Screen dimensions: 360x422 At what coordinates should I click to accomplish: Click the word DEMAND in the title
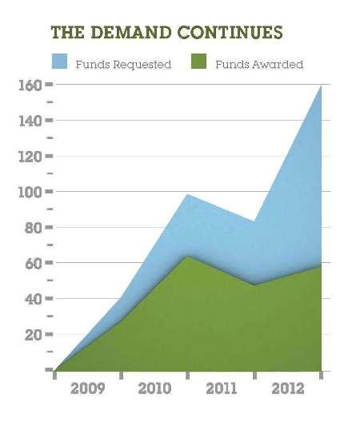pyautogui.click(x=131, y=32)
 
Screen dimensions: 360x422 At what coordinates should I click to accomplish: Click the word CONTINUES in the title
pyautogui.click(x=230, y=32)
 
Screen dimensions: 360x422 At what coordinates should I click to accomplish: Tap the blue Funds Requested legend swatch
pyautogui.click(x=59, y=61)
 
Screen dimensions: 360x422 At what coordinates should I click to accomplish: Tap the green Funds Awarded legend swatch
pyautogui.click(x=199, y=61)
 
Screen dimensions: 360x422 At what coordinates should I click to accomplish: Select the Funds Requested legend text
pyautogui.click(x=123, y=65)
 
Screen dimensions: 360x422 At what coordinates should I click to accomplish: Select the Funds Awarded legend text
pyautogui.click(x=259, y=65)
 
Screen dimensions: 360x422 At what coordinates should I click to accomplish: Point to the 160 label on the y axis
pyautogui.click(x=30, y=85)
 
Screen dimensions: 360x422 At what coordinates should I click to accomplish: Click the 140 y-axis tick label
pyautogui.click(x=30, y=121)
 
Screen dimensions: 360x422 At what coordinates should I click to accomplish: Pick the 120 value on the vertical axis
pyautogui.click(x=30, y=157)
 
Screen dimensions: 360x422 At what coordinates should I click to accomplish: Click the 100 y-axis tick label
pyautogui.click(x=30, y=192)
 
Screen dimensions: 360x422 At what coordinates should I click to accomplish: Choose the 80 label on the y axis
pyautogui.click(x=34, y=228)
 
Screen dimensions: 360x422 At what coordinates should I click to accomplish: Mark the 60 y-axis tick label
pyautogui.click(x=34, y=264)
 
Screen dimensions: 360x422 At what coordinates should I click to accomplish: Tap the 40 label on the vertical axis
pyautogui.click(x=34, y=299)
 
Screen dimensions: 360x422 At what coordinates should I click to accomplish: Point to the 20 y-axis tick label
pyautogui.click(x=34, y=335)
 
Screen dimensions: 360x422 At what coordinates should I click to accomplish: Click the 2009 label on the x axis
pyautogui.click(x=87, y=389)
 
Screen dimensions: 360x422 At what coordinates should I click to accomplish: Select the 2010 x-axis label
pyautogui.click(x=154, y=389)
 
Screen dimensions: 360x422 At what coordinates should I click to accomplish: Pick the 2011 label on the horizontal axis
pyautogui.click(x=222, y=389)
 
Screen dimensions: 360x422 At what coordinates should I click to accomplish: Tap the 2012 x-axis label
pyautogui.click(x=288, y=389)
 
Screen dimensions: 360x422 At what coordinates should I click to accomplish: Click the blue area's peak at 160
pyautogui.click(x=321, y=86)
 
